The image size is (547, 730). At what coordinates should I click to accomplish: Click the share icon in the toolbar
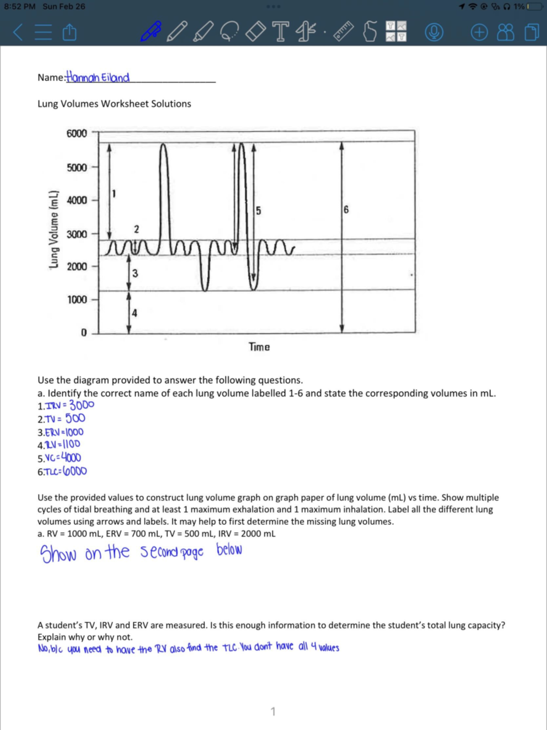[x=69, y=32]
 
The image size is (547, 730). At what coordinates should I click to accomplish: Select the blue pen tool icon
[x=151, y=31]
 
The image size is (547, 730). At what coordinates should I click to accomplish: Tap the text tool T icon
[x=280, y=31]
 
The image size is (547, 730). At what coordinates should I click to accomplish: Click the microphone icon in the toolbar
[x=433, y=32]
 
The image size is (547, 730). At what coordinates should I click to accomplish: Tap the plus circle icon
[x=479, y=32]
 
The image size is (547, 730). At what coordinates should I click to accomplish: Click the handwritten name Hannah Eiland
[x=98, y=77]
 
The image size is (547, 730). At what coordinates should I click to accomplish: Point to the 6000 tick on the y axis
[x=77, y=134]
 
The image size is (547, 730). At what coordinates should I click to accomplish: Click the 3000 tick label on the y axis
[x=77, y=234]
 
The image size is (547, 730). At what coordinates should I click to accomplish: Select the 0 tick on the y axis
[x=84, y=333]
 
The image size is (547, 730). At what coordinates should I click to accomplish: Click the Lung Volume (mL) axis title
[x=54, y=229]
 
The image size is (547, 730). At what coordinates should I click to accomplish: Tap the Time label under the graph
[x=259, y=347]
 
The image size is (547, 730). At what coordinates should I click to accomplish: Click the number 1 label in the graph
[x=114, y=194]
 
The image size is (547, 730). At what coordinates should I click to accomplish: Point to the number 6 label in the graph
[x=346, y=209]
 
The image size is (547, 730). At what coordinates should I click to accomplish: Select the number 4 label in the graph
[x=134, y=313]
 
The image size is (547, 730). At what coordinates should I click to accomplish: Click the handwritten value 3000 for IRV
[x=82, y=405]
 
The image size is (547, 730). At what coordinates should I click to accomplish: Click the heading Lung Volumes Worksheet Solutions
[x=114, y=104]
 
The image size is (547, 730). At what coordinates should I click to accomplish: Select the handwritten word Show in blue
[x=58, y=554]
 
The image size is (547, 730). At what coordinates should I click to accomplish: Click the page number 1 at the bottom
[x=273, y=711]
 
